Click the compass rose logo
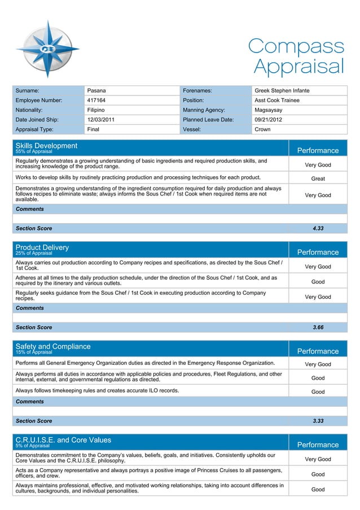(48, 47)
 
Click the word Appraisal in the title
(298, 66)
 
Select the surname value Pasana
(96, 90)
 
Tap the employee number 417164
(96, 100)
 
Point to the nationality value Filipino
(96, 110)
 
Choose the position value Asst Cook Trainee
(277, 100)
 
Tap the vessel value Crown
(262, 129)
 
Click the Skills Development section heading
(46, 146)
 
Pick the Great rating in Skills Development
(318, 178)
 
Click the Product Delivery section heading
(42, 247)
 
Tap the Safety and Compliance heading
(52, 346)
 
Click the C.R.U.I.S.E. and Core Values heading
(63, 440)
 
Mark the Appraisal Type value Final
(94, 129)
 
